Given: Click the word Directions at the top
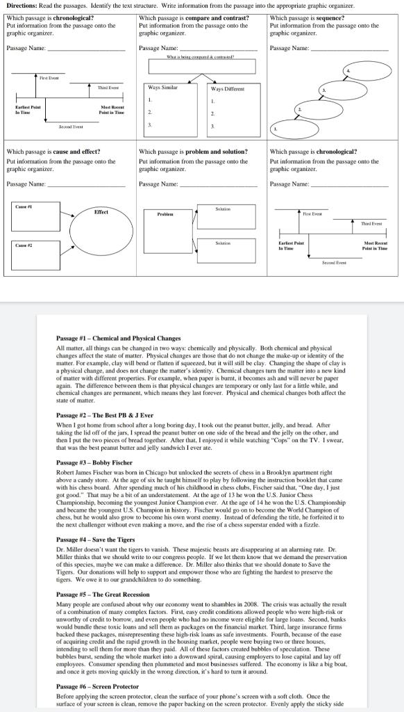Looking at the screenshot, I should tap(17, 6).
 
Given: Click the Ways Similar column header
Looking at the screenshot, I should tap(163, 88).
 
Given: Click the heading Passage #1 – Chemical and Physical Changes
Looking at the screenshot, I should tap(118, 338).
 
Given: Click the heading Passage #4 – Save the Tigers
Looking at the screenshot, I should tap(96, 540).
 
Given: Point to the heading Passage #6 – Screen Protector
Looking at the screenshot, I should tap(97, 686).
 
